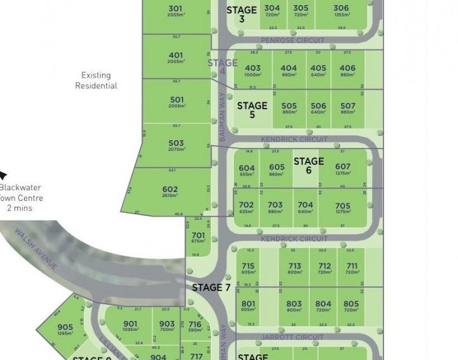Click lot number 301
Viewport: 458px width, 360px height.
176,9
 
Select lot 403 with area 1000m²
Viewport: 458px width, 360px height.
253,68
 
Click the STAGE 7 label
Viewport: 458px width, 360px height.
211,287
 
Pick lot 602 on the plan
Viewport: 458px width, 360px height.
170,189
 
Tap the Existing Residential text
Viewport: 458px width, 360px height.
96,80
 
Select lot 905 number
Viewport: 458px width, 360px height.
65,327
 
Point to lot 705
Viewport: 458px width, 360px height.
342,205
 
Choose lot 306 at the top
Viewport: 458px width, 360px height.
341,8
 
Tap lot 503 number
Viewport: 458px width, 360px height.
176,144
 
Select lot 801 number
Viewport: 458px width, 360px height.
248,304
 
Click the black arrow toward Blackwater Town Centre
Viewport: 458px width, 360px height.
4,176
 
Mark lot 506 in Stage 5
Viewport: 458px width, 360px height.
318,106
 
